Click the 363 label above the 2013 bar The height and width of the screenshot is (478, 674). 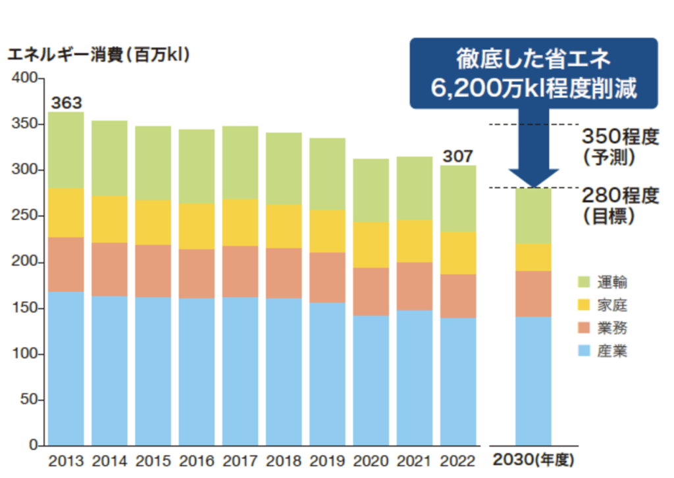(66, 103)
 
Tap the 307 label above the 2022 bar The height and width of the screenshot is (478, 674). (457, 156)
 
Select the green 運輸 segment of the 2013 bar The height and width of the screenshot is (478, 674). (66, 151)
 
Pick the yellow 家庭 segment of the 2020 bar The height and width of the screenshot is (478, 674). (371, 245)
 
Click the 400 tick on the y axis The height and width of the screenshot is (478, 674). (27, 78)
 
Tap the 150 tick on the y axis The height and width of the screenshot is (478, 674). (27, 308)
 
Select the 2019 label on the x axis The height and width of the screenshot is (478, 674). (326, 461)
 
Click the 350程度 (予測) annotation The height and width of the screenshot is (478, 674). (619, 146)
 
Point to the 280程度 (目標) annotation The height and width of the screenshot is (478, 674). (619, 206)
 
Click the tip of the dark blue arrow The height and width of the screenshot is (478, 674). (533, 186)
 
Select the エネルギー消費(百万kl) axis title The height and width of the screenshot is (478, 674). (99, 56)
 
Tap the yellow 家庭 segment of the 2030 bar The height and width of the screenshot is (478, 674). (532, 258)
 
